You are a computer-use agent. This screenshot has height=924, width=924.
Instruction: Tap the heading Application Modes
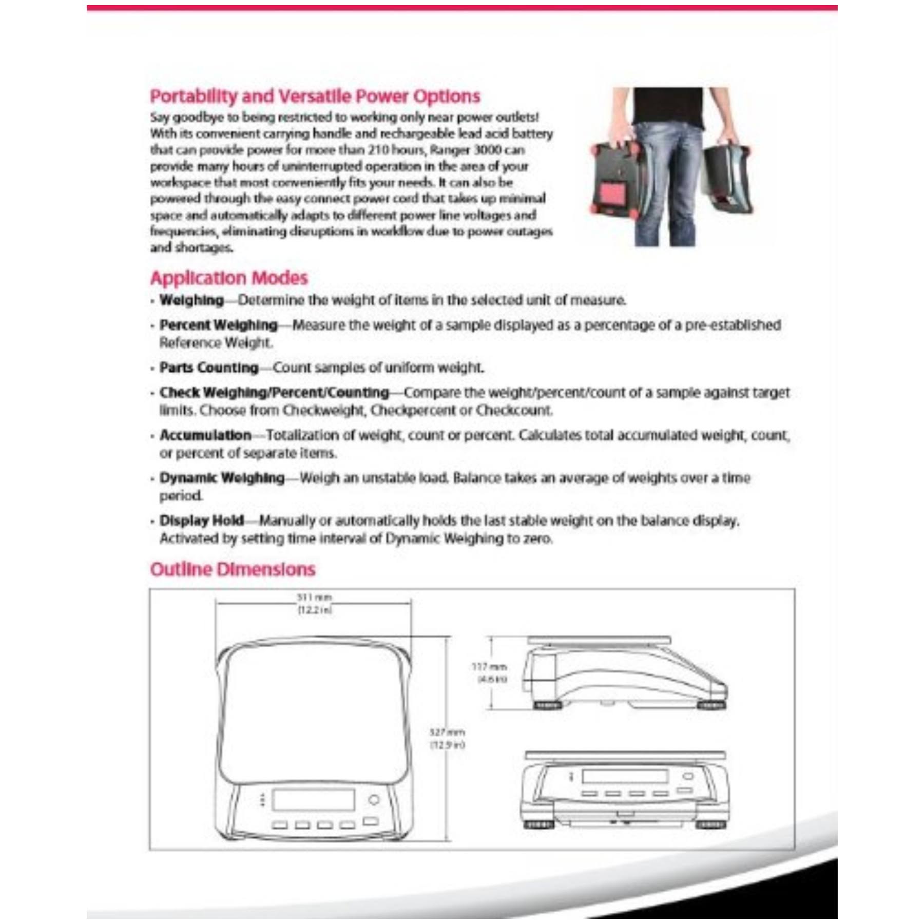coord(228,278)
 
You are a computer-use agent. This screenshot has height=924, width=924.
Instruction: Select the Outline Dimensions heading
coord(233,569)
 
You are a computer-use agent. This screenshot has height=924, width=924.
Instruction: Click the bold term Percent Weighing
coord(218,325)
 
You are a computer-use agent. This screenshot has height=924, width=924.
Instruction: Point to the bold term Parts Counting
coord(209,368)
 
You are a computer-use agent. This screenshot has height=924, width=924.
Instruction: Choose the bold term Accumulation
coord(205,435)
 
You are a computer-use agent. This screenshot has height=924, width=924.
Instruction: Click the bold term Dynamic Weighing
coord(222,478)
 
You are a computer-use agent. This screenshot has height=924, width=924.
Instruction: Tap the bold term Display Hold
coord(202,521)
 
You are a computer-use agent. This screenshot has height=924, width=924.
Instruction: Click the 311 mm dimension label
coord(314,598)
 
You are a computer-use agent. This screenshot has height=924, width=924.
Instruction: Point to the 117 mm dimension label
coord(489,667)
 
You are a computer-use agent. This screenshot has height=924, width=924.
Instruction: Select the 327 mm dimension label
coord(447,732)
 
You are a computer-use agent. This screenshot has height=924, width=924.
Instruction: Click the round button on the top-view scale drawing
coord(374,799)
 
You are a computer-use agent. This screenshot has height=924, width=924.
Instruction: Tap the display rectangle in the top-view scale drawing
coord(313,799)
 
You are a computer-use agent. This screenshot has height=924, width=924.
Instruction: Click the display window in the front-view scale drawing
coord(624,776)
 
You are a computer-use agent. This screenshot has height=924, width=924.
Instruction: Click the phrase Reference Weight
coord(215,343)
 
